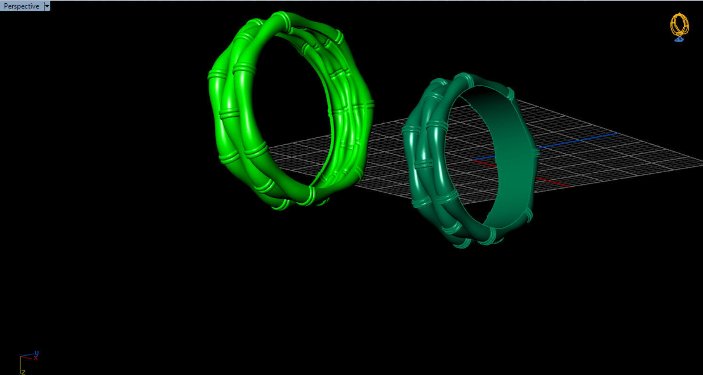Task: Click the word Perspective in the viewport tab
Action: point(21,6)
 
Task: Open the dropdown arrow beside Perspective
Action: point(47,6)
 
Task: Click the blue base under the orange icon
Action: point(679,40)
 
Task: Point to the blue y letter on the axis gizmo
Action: point(37,352)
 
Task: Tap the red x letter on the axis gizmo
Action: point(35,358)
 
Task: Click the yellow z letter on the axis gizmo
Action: point(23,372)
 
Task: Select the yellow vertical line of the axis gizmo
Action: point(20,364)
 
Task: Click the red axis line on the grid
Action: point(551,181)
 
